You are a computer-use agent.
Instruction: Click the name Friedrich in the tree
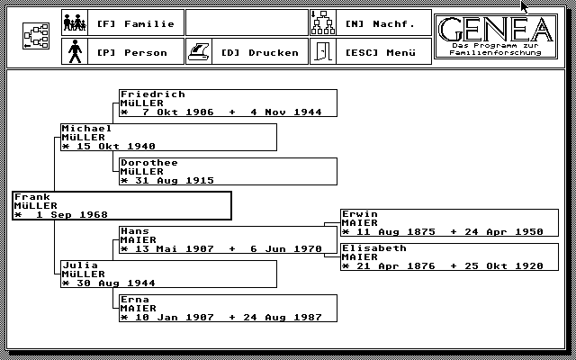[152, 94]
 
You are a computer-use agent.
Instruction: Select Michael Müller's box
[168, 137]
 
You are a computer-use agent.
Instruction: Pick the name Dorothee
[148, 163]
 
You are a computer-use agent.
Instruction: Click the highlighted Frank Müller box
[121, 205]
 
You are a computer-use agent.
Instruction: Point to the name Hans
[134, 231]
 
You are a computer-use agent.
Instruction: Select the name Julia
[80, 265]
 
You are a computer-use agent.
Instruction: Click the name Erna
[134, 300]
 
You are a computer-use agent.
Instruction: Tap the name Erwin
[361, 214]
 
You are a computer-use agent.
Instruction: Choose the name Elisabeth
[373, 248]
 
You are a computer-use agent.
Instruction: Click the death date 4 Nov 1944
[285, 112]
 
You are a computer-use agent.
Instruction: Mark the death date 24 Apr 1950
[503, 231]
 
